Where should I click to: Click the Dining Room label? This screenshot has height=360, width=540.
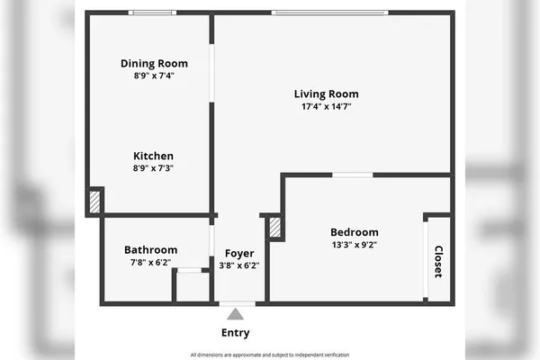pos(154,63)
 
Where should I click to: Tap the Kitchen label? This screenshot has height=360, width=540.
pos(153,156)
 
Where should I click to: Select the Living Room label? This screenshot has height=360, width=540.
pos(326,94)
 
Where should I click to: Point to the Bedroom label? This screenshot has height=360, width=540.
pos(354,231)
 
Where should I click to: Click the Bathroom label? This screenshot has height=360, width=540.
pos(150,249)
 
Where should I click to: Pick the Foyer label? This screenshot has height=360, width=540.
pos(238,253)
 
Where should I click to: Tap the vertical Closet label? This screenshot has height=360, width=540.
pos(438,261)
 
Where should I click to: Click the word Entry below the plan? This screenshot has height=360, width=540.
pos(235,333)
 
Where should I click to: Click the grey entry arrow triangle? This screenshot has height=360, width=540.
pos(235,314)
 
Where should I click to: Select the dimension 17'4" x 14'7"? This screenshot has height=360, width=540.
pos(326,106)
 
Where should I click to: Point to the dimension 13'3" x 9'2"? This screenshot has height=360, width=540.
pos(354,244)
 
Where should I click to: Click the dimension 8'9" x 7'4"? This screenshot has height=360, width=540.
pos(154,76)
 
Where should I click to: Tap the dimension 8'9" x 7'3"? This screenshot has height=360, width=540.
pos(153,168)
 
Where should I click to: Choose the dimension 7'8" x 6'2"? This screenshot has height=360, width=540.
pos(150,262)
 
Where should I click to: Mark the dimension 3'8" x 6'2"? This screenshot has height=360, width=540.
pos(238,265)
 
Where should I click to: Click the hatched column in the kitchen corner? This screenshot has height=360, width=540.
pos(94,201)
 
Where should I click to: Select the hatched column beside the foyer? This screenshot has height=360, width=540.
pos(275,227)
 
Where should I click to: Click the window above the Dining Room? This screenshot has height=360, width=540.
pos(152,13)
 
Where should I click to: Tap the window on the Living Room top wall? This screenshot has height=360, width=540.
pos(329,13)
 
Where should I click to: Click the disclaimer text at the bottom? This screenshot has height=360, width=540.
pos(269,355)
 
